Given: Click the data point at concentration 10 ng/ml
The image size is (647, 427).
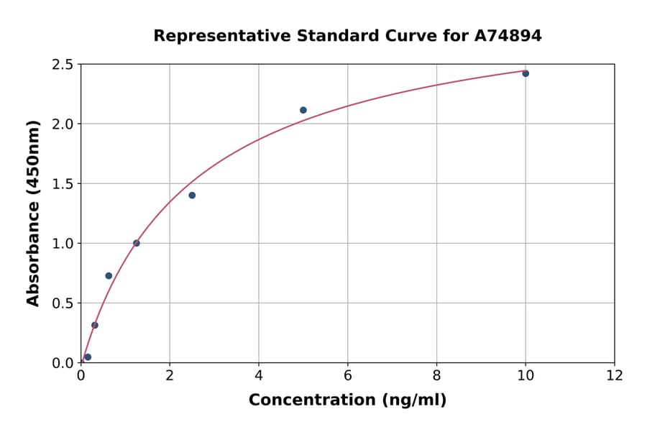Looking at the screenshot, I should click(526, 73).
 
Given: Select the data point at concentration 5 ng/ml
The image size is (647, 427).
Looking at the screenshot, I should click(303, 110).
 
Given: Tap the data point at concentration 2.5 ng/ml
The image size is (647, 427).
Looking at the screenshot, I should click(192, 196).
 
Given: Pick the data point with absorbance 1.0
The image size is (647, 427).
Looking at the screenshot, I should click(136, 243).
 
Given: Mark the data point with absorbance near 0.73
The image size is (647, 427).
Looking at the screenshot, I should click(109, 275).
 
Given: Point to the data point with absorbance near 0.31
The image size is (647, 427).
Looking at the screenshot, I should click(95, 325).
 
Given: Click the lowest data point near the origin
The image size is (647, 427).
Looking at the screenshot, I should click(88, 357).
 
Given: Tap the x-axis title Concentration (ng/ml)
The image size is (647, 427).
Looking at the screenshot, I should click(347, 400).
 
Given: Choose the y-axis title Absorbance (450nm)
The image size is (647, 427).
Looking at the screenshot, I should click(33, 213).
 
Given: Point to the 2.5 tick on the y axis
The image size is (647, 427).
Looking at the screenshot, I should click(62, 65).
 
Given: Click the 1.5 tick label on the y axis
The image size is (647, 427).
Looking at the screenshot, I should click(62, 184).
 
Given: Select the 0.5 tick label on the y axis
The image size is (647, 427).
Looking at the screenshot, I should click(62, 303).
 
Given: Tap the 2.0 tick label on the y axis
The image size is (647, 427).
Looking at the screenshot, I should click(62, 124).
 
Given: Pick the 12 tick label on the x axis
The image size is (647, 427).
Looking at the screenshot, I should click(614, 375).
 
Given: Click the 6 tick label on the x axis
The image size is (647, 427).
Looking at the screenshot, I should click(347, 375).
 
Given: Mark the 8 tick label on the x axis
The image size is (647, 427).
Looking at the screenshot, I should click(436, 375).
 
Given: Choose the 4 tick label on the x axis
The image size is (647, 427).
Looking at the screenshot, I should click(259, 375).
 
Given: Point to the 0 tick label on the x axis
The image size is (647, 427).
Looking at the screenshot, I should click(81, 375).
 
